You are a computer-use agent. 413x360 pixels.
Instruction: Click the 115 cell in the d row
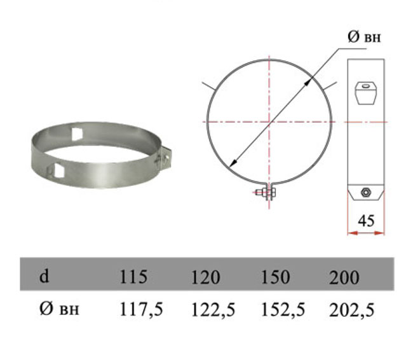pos(133,277)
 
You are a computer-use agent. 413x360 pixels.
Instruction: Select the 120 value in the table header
pos(205,277)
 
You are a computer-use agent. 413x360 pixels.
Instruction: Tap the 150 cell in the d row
pos(275,277)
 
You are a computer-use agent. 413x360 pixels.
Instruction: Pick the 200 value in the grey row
pos(344,277)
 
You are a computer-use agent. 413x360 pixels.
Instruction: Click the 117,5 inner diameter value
pos(141,309)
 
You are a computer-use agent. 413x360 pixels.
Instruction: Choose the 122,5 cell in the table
pos(213,309)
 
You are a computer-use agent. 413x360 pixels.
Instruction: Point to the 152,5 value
pos(283,309)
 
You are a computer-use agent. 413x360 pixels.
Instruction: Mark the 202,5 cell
pos(351,310)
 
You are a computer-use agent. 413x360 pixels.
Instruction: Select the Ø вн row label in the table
pos(59,308)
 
